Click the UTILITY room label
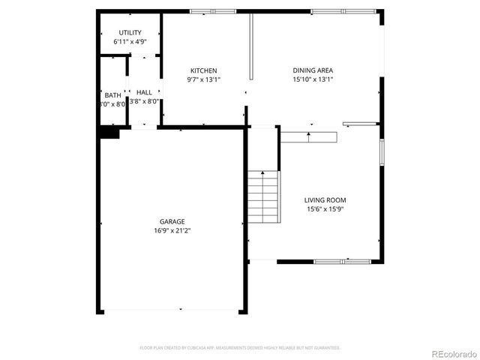tap(130, 33)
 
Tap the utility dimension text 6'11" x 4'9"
tap(130, 42)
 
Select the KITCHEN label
tap(203, 70)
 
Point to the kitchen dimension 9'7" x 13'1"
tap(203, 79)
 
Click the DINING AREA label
tap(313, 70)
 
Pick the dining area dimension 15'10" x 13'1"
tap(313, 79)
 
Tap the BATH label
tap(112, 95)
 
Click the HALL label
tap(144, 92)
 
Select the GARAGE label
tap(172, 221)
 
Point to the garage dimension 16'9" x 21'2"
tap(172, 231)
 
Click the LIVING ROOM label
tap(325, 199)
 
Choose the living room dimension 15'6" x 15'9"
tap(325, 209)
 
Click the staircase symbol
tap(263, 197)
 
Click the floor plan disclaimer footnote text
tap(240, 348)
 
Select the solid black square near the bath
tap(109, 133)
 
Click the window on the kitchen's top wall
tap(213, 11)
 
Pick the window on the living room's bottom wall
tap(342, 261)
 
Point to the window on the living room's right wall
tap(382, 152)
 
